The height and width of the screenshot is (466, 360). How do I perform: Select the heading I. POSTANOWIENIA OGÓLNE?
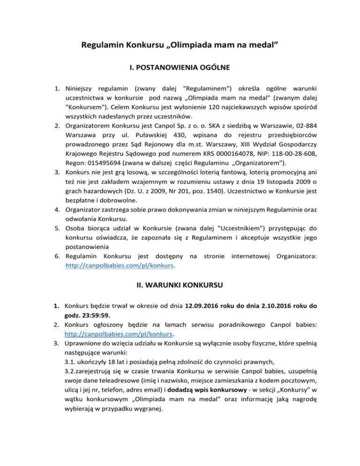(180, 68)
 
